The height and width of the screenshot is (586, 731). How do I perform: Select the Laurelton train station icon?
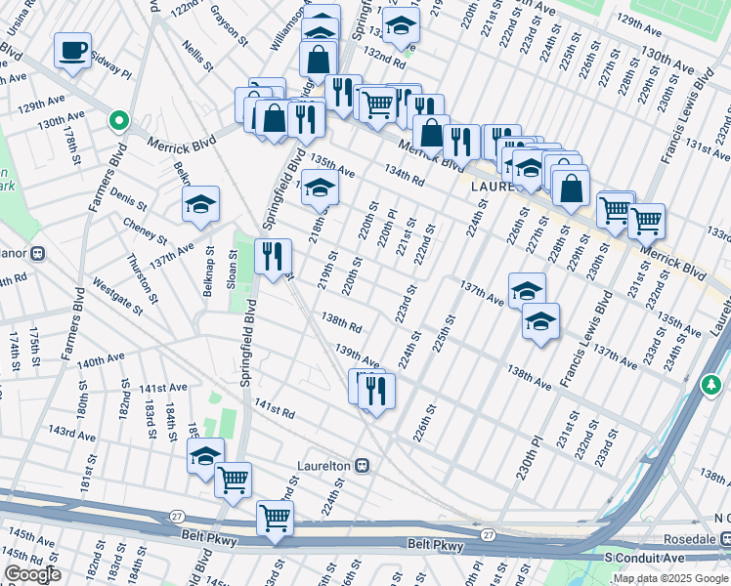pos(362,466)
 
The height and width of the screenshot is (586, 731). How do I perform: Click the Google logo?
pos(32,574)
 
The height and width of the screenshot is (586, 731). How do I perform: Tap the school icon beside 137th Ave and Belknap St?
pos(200,204)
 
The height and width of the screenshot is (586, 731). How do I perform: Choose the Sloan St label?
pos(233,266)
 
